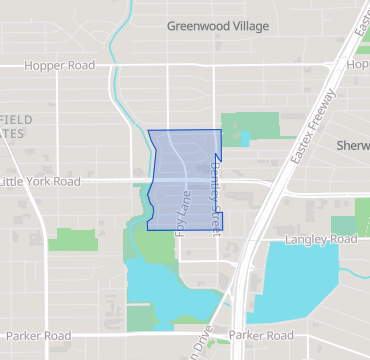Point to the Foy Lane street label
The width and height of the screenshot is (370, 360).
(x=183, y=213)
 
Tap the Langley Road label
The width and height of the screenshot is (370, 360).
(x=320, y=240)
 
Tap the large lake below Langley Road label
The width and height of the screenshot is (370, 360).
(x=300, y=270)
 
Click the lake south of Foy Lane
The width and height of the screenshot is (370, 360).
(x=170, y=290)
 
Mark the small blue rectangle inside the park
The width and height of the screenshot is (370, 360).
(x=245, y=140)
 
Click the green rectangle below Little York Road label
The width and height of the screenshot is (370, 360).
(x=74, y=240)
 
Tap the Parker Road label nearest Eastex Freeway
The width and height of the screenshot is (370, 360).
(x=261, y=336)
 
